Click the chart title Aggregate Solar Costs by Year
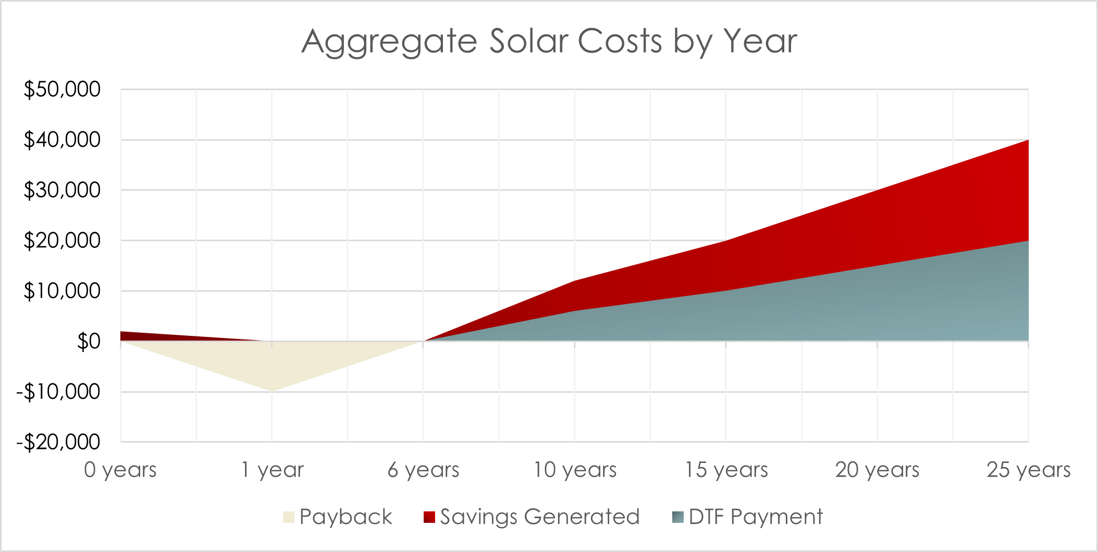pos(549,42)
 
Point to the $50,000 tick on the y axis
pos(62,90)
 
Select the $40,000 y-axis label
pos(62,140)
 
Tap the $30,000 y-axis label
pos(62,190)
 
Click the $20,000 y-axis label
pos(62,241)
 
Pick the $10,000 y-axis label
pos(62,291)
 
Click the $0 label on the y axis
pos(89,342)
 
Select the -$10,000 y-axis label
pos(58,392)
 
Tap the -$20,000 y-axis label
pos(58,442)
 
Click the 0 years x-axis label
pos(120,470)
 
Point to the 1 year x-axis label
pos(272,470)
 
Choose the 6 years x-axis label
pos(423,470)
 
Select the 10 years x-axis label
pos(575,470)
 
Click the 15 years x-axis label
pos(726,470)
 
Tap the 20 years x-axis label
pos(877,470)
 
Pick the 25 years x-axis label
pos(1028,470)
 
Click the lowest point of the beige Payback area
pos(272,390)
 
